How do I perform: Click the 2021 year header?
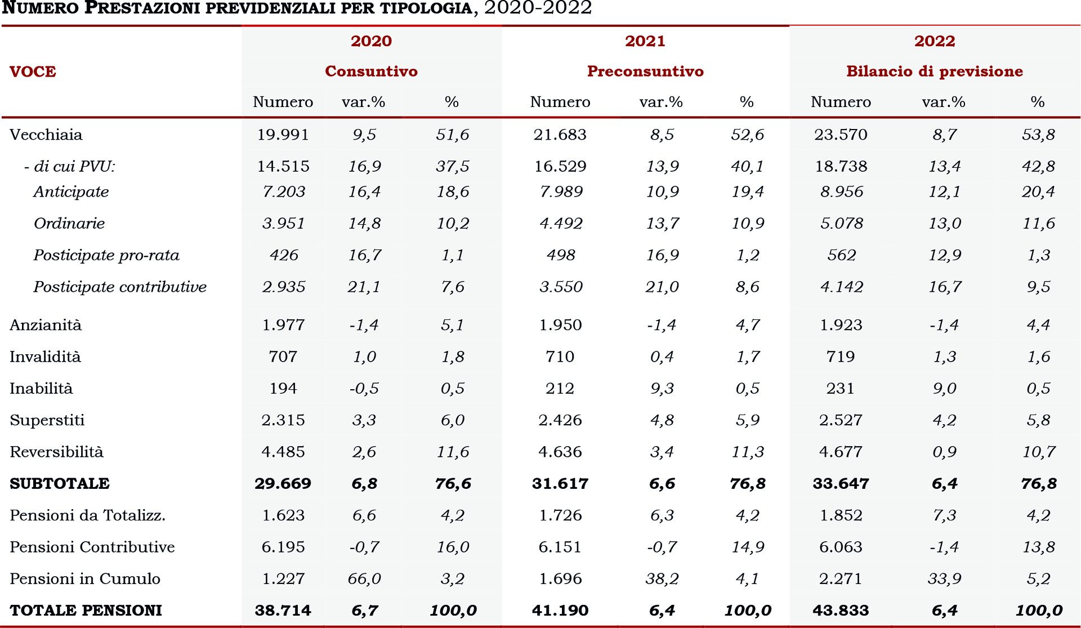(x=645, y=41)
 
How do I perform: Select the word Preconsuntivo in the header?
(x=645, y=72)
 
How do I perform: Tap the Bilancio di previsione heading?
(x=934, y=72)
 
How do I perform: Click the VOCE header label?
(x=33, y=72)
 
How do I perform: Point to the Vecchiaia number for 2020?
(x=283, y=135)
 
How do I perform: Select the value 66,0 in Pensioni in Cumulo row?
(x=364, y=579)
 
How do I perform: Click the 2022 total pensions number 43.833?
(x=841, y=611)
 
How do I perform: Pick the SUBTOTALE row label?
(x=60, y=484)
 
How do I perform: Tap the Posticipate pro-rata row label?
(x=106, y=255)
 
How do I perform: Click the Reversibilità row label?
(x=56, y=452)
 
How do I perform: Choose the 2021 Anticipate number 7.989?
(x=561, y=191)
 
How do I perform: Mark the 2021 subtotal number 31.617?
(x=560, y=484)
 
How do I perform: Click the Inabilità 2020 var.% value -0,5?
(x=364, y=389)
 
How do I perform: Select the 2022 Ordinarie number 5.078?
(x=841, y=224)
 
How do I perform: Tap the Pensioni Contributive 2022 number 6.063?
(x=841, y=547)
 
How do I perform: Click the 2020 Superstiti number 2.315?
(x=283, y=420)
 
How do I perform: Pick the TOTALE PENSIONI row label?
(x=86, y=611)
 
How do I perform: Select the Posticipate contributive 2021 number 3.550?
(x=561, y=287)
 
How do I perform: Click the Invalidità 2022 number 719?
(x=841, y=357)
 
